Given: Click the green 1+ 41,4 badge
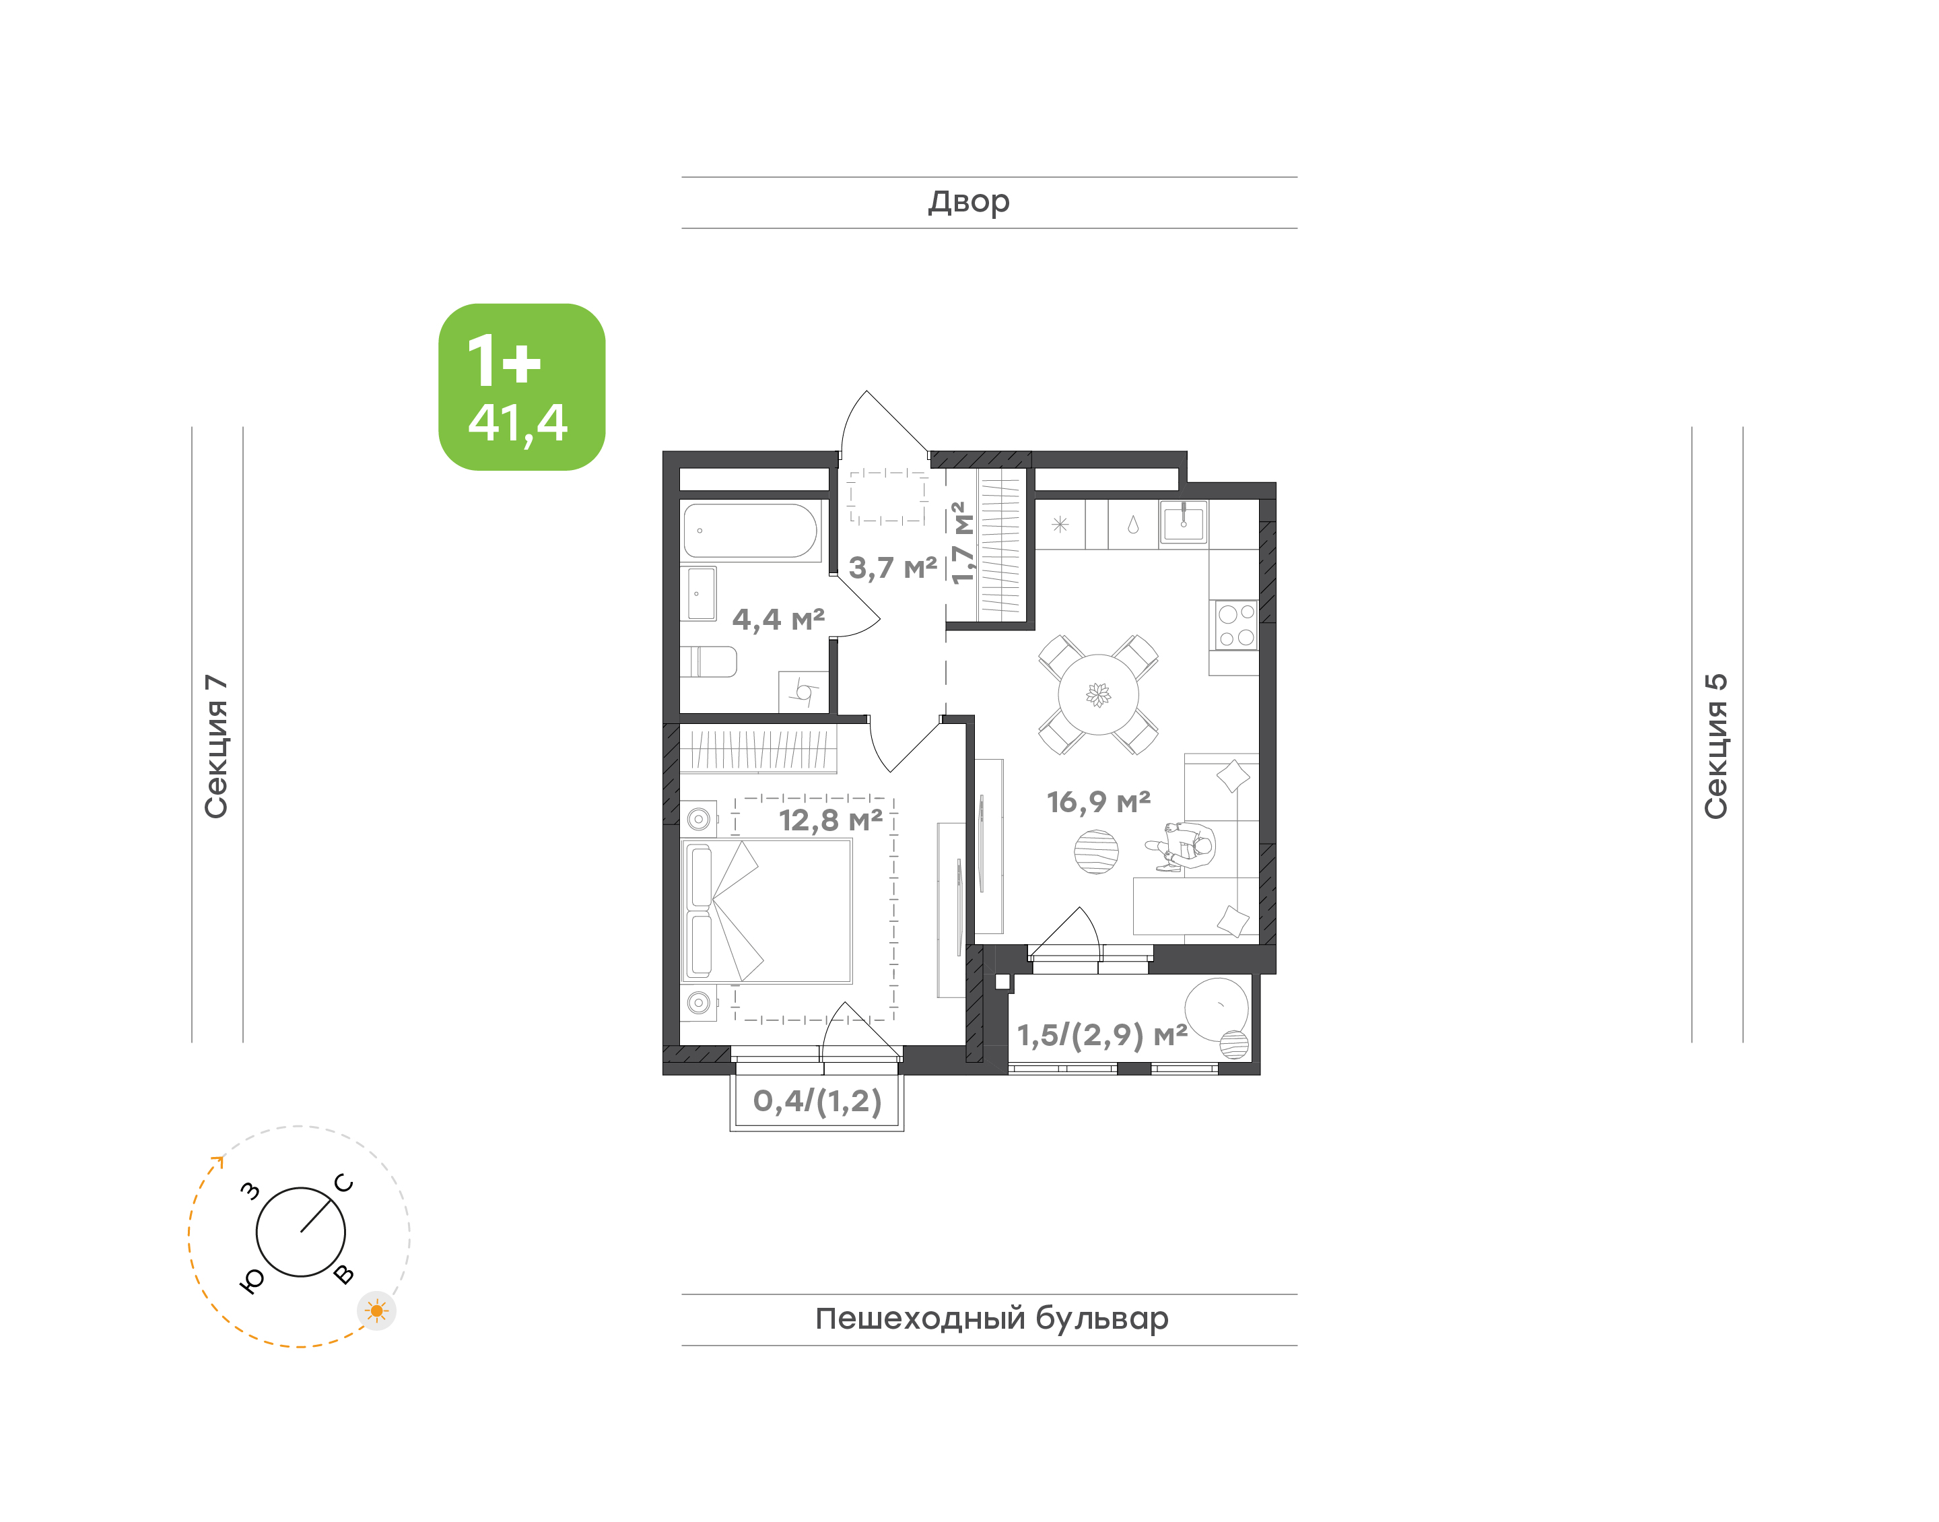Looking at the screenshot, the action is (521, 387).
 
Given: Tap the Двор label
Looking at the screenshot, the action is (969, 202).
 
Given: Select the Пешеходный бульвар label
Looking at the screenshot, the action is (991, 1318).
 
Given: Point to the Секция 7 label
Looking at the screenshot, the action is (216, 747).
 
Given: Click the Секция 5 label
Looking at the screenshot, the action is (1716, 746).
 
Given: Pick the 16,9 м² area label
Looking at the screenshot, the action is (1098, 802).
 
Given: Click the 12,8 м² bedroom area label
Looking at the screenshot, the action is (830, 820).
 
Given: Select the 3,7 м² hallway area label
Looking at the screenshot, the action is (893, 567).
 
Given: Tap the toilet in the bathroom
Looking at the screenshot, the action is (709, 662).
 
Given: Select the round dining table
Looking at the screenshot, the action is (1098, 695).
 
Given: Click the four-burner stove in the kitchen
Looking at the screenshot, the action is (1236, 625).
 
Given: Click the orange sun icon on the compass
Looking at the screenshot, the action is (377, 1311).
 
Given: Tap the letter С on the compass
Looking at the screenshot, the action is (344, 1183).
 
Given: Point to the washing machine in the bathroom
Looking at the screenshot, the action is (803, 692).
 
